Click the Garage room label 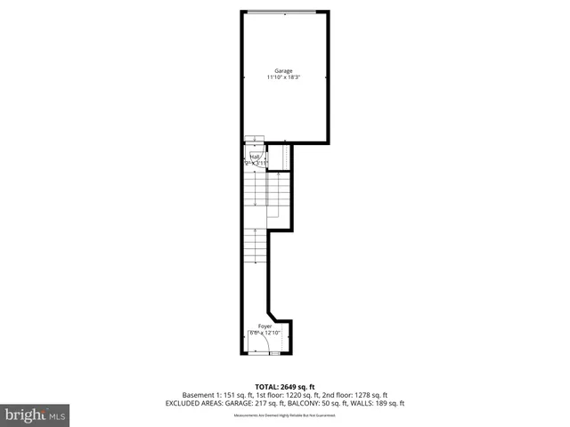[283, 71]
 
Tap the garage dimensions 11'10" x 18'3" [283, 78]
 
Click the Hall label [256, 157]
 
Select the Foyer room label [265, 326]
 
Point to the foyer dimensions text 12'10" [273, 333]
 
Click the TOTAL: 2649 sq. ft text [284, 387]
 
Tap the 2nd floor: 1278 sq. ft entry [354, 395]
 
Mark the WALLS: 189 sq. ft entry [381, 403]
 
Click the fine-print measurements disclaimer [284, 415]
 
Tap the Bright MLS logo [36, 415]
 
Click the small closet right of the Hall [276, 157]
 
